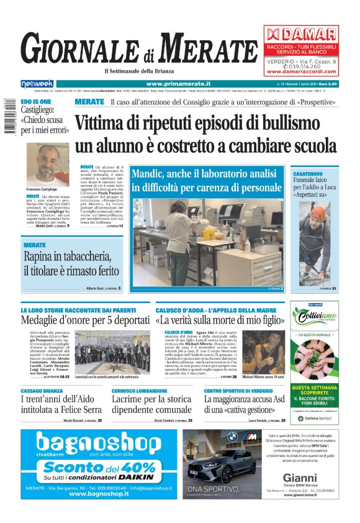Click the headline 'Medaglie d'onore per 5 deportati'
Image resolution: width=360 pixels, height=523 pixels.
[85, 321]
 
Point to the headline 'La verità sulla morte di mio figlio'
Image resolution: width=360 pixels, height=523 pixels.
[220, 321]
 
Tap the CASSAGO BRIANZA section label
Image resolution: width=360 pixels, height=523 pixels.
[42, 390]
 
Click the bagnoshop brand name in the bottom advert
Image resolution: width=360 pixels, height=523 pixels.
[98, 443]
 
